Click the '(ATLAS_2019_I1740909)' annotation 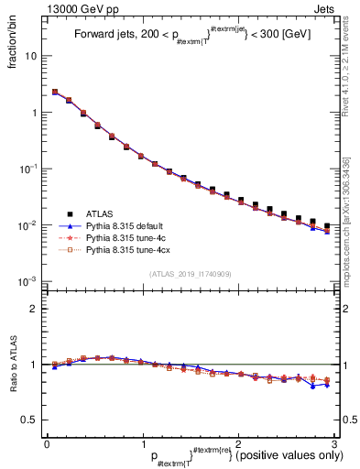tap(191, 273)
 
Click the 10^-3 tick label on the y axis tap(29, 281)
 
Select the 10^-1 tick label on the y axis tap(29, 169)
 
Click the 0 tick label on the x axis tap(47, 443)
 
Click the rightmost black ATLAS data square tap(327, 225)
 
